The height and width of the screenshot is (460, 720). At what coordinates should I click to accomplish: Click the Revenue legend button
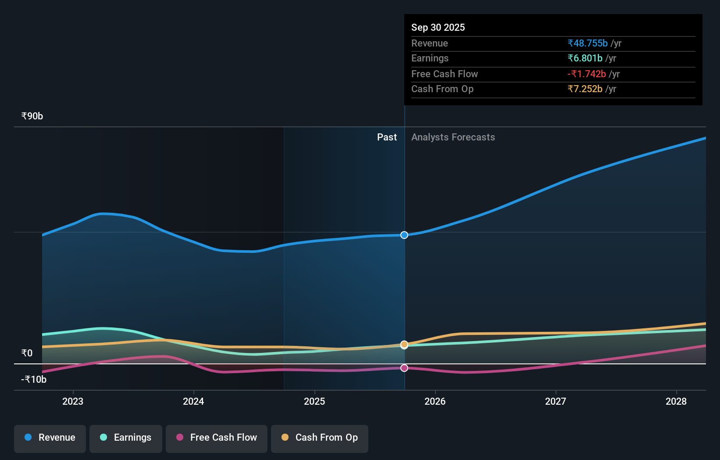click(50, 438)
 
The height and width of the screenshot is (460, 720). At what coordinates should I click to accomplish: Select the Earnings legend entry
click(126, 438)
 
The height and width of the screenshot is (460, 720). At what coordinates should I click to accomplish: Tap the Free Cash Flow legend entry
click(217, 438)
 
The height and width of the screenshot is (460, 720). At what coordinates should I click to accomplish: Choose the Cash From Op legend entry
click(320, 438)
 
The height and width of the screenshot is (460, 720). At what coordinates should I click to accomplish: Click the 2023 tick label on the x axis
click(73, 401)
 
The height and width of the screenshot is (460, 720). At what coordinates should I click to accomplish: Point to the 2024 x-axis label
click(193, 401)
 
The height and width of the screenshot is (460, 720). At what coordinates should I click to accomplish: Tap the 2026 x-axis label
click(435, 401)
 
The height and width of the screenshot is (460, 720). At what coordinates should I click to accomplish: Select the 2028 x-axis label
click(676, 401)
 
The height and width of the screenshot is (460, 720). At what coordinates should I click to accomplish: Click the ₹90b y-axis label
click(32, 116)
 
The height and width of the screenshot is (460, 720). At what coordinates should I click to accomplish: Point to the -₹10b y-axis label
click(34, 380)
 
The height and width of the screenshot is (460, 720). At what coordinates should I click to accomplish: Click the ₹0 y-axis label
click(27, 353)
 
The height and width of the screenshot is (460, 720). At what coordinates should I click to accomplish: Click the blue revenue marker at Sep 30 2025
click(404, 235)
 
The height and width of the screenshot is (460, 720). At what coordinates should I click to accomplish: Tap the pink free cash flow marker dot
click(404, 368)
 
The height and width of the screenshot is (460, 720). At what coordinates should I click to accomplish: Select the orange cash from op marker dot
click(404, 344)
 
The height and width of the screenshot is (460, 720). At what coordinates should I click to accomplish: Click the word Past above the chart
click(387, 137)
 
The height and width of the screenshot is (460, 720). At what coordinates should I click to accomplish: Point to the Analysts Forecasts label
click(453, 137)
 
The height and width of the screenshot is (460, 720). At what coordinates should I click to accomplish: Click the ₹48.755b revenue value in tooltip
click(588, 43)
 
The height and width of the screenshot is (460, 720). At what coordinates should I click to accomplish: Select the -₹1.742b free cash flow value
click(587, 74)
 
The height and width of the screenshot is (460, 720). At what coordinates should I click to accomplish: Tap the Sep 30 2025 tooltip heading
click(438, 28)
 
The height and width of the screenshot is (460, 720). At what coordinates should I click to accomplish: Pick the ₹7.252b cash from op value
click(585, 89)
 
